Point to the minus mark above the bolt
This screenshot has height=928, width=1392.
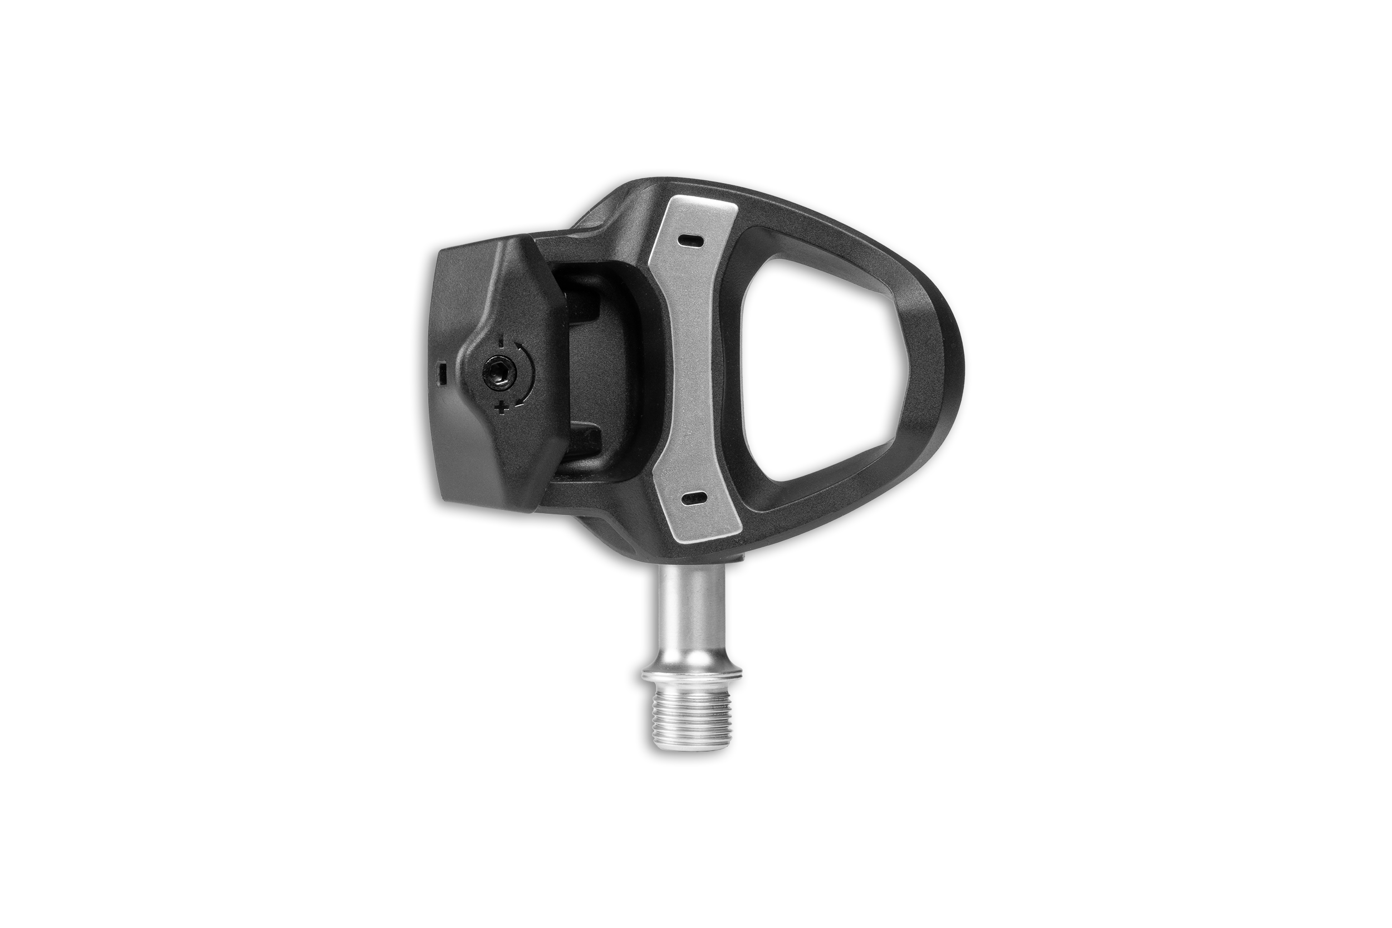(x=502, y=341)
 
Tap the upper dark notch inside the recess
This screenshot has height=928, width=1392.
(x=586, y=308)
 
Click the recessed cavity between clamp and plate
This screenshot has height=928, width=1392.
(x=610, y=373)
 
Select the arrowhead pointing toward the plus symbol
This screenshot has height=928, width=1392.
(x=517, y=402)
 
